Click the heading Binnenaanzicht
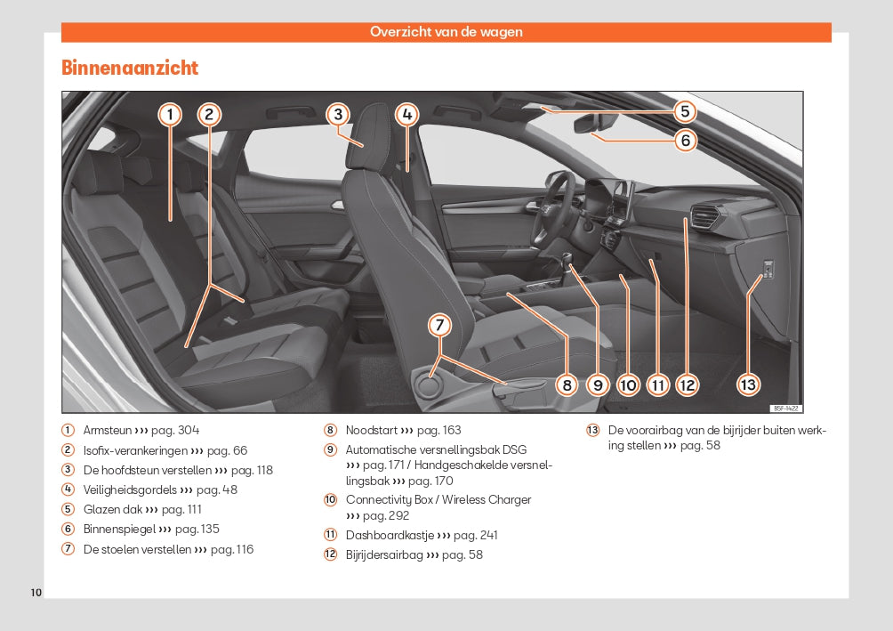[x=130, y=68]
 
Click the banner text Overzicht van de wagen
[x=446, y=32]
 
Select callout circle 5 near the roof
[x=684, y=111]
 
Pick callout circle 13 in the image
[x=748, y=384]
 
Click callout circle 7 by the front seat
[x=439, y=326]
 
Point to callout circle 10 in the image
[x=628, y=384]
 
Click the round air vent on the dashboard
[x=707, y=216]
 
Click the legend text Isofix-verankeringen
[x=135, y=450]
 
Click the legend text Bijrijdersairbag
[x=384, y=554]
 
